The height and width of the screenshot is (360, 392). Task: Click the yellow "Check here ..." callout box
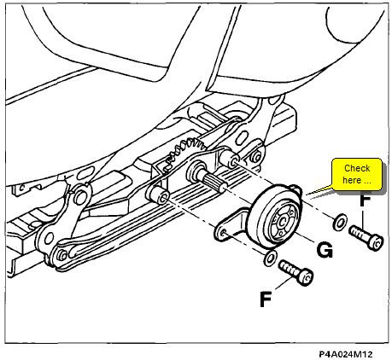(x=357, y=174)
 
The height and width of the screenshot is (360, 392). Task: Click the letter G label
(x=325, y=251)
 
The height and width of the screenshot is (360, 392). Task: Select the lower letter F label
(x=266, y=299)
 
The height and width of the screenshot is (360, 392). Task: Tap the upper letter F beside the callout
(x=365, y=200)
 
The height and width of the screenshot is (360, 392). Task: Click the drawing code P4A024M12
(x=345, y=354)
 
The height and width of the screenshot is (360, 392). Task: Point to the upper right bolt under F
(x=366, y=237)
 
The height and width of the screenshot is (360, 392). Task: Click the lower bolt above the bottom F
(x=296, y=272)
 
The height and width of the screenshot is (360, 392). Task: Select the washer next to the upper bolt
(x=339, y=222)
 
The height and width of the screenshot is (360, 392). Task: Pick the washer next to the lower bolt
(x=271, y=258)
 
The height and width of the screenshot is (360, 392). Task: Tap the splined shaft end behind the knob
(x=212, y=183)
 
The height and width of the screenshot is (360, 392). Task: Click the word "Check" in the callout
(x=357, y=168)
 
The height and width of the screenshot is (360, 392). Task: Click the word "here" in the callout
(x=351, y=180)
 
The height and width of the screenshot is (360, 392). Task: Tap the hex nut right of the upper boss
(x=257, y=156)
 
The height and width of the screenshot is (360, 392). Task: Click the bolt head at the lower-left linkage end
(x=61, y=255)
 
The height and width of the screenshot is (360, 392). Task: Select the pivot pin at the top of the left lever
(x=79, y=196)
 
